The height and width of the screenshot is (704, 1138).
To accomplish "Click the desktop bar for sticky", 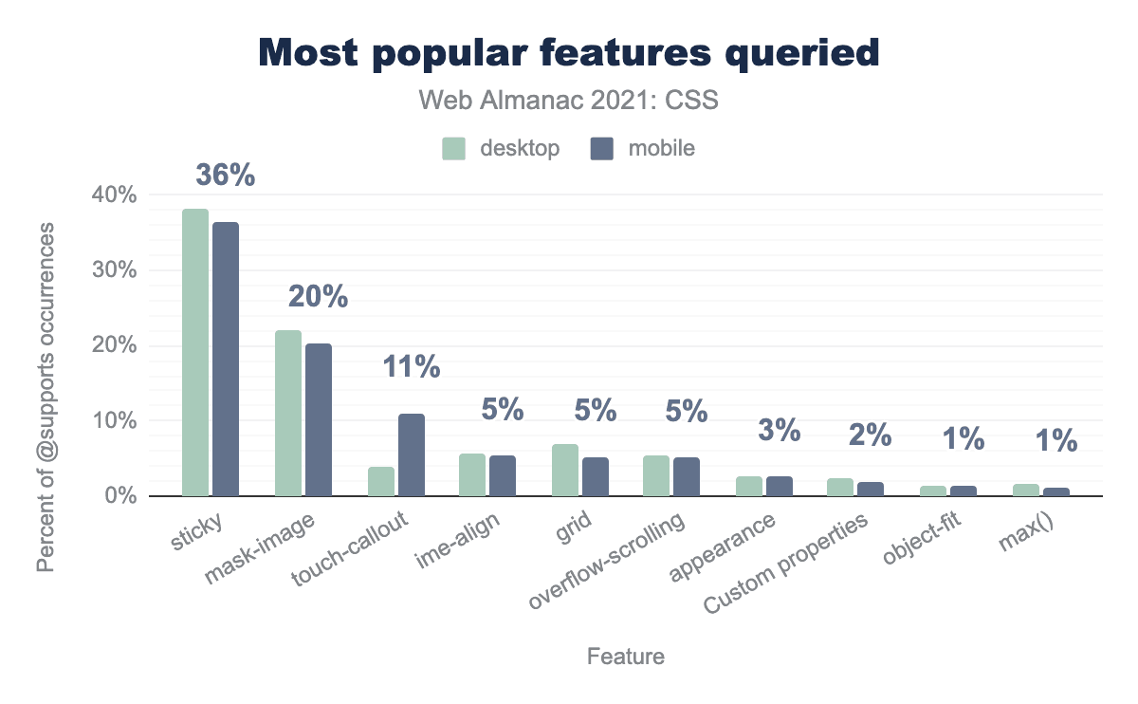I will coord(195,352).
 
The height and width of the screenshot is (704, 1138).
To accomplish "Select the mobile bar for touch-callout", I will coord(412,454).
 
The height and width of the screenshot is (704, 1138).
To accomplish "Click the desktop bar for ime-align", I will coord(472,474).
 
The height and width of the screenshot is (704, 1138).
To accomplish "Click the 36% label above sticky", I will coord(226,176).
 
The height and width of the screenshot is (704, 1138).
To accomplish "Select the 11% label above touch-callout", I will coord(412,367).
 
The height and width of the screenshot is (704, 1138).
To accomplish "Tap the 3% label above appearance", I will coord(780,430).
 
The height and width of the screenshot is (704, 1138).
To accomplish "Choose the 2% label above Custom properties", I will coord(871,435).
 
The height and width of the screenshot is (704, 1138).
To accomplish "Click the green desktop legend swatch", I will coord(453,149).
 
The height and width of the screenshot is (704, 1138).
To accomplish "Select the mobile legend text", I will coord(661,149).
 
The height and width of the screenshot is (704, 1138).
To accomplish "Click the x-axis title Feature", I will coord(626,657).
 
